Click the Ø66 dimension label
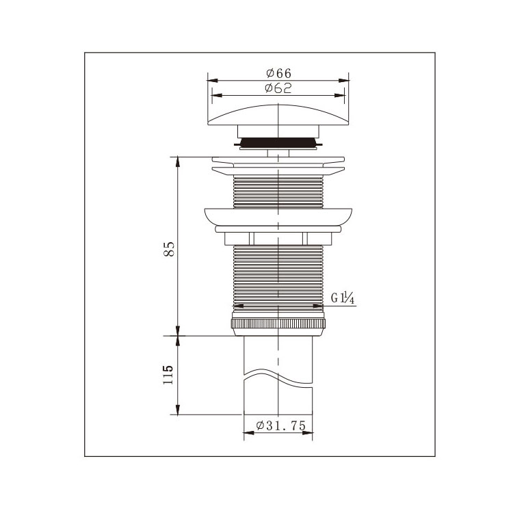pyautogui.click(x=278, y=73)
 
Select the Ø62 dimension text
pyautogui.click(x=278, y=88)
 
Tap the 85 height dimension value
pyautogui.click(x=169, y=249)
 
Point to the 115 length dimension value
pyautogui.click(x=168, y=375)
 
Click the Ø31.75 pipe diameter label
pyautogui.click(x=280, y=425)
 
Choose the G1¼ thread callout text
pyautogui.click(x=343, y=298)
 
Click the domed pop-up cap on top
pyautogui.click(x=278, y=115)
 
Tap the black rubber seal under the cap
pyautogui.click(x=278, y=143)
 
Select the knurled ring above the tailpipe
pyautogui.click(x=278, y=324)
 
